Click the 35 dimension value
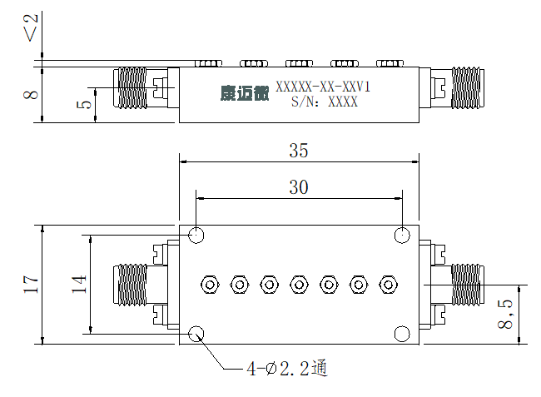point(299,151)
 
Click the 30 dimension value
point(299,187)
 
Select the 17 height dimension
point(31,284)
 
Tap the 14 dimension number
point(79,284)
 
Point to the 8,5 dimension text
point(504,315)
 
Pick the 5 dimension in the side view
point(84,104)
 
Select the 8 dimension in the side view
point(31,95)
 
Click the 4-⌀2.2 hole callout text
point(286,369)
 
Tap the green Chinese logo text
point(245,93)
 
